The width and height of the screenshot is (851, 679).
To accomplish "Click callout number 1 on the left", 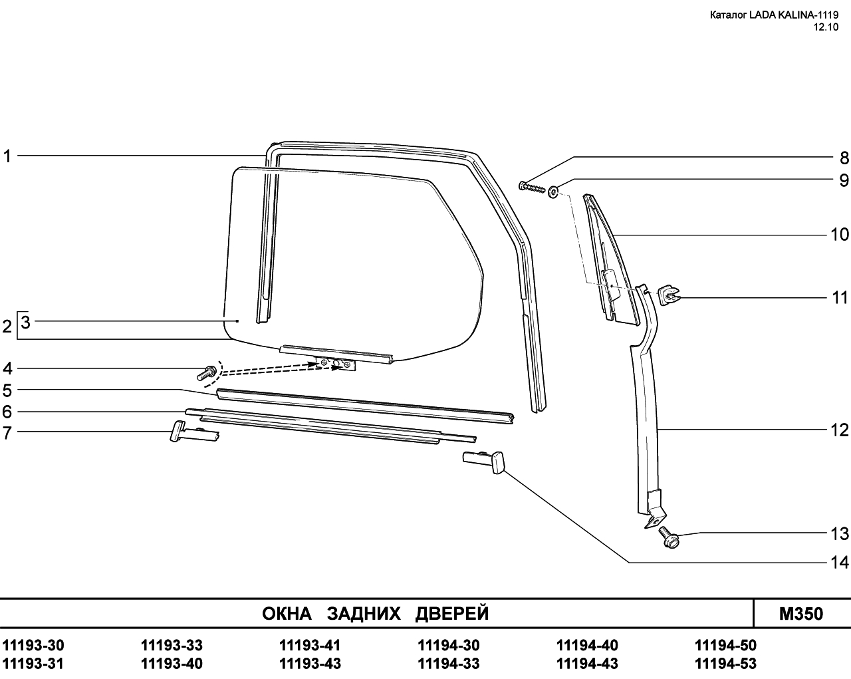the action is click(7, 156).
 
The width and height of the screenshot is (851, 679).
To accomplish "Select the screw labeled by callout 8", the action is click(532, 187).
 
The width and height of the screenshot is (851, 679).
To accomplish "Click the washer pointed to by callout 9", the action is click(553, 192).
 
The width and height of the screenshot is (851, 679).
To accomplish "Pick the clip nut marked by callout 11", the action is click(668, 295).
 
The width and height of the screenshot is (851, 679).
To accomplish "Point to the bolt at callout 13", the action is click(669, 537).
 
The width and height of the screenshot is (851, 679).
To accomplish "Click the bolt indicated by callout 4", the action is click(206, 373).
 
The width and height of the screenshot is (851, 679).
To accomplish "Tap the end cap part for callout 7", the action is click(193, 432).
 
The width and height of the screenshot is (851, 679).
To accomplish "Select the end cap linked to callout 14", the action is click(483, 462).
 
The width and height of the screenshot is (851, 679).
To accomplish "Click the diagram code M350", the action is click(801, 614).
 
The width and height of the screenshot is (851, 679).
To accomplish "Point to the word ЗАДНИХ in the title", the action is click(364, 614).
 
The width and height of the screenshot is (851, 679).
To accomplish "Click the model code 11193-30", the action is click(33, 645).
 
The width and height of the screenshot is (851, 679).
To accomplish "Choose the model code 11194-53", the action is click(725, 664).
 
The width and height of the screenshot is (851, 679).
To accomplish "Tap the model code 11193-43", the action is click(310, 664).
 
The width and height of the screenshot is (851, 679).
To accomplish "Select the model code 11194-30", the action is click(448, 645).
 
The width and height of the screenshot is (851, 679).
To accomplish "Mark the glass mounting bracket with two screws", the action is click(335, 364).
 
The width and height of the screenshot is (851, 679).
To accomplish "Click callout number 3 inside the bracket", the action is click(25, 323).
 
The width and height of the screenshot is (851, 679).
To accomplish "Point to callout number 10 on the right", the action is click(840, 235).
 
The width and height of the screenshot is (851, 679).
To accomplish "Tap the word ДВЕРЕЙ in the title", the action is click(452, 614).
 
